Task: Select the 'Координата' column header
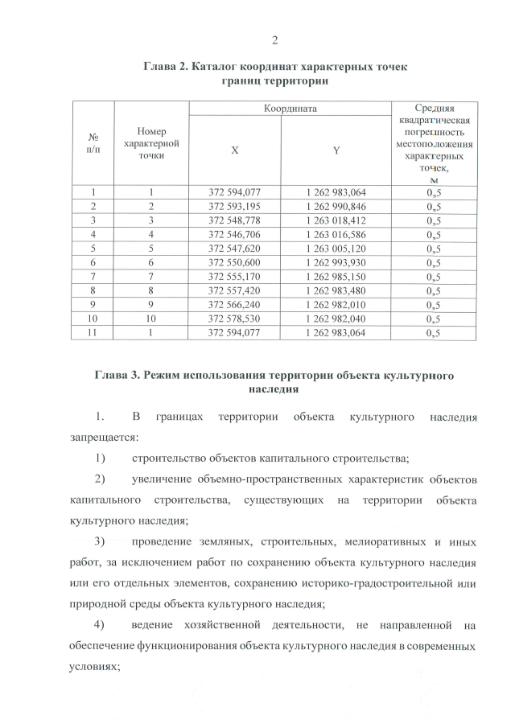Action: (x=289, y=108)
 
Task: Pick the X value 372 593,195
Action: (x=234, y=206)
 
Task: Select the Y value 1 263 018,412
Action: (x=336, y=220)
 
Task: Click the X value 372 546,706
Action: (x=234, y=234)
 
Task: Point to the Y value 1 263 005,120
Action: (x=336, y=248)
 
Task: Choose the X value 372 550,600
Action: (x=234, y=262)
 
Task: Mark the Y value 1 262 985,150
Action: (x=336, y=276)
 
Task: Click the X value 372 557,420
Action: (x=234, y=290)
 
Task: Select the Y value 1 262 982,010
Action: (x=336, y=304)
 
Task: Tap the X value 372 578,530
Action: (x=234, y=319)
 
